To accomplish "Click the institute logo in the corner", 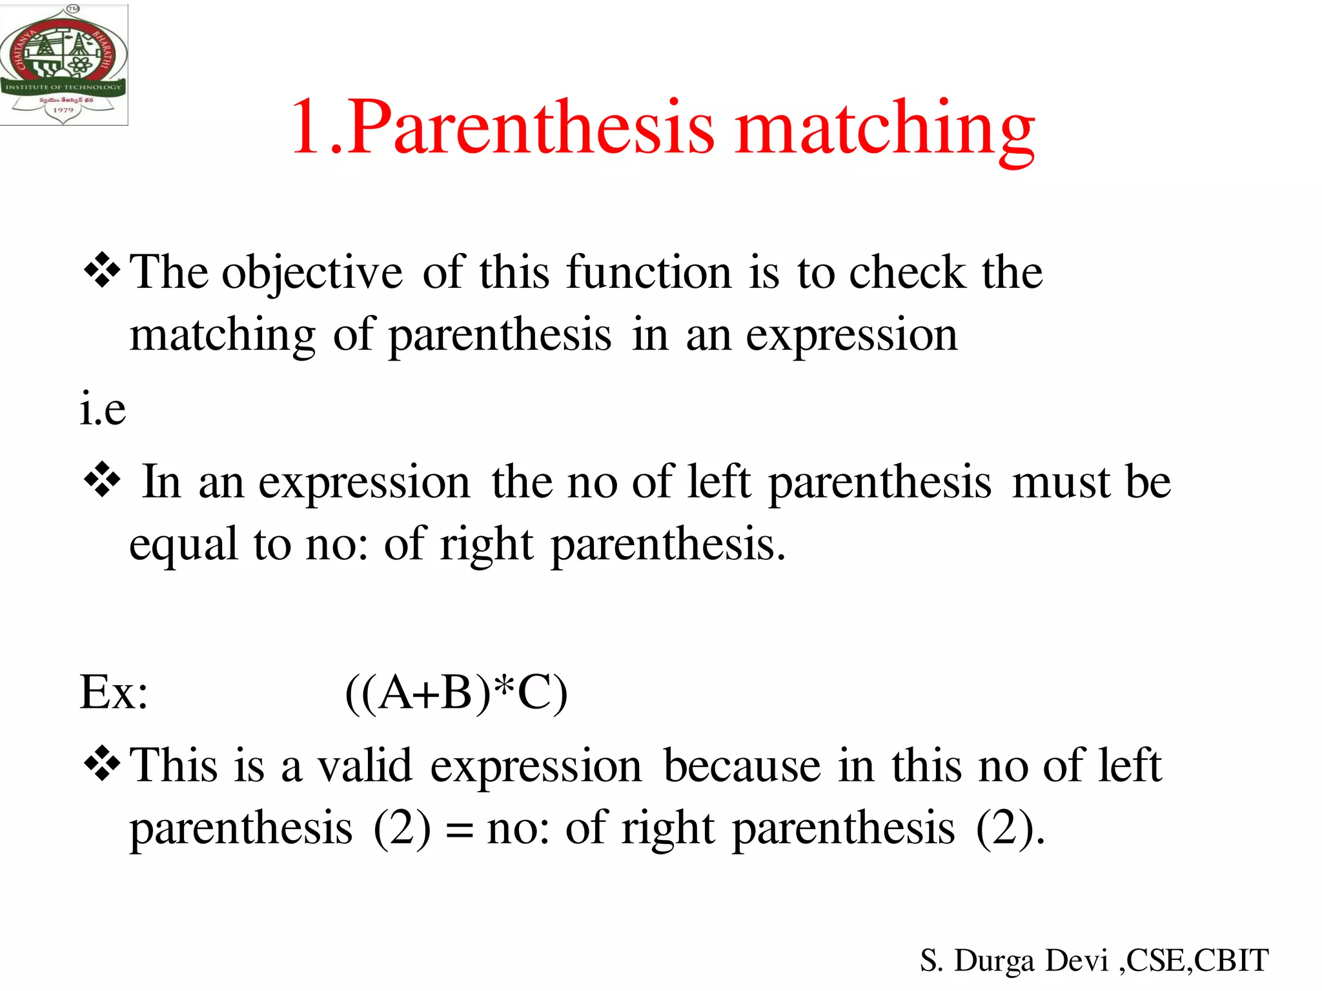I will pyautogui.click(x=64, y=65).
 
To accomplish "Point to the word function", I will pyautogui.click(x=649, y=272).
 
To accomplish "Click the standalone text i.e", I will pyautogui.click(x=103, y=409).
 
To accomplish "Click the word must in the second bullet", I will pyautogui.click(x=1061, y=483).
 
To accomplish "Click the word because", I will pyautogui.click(x=742, y=766).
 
